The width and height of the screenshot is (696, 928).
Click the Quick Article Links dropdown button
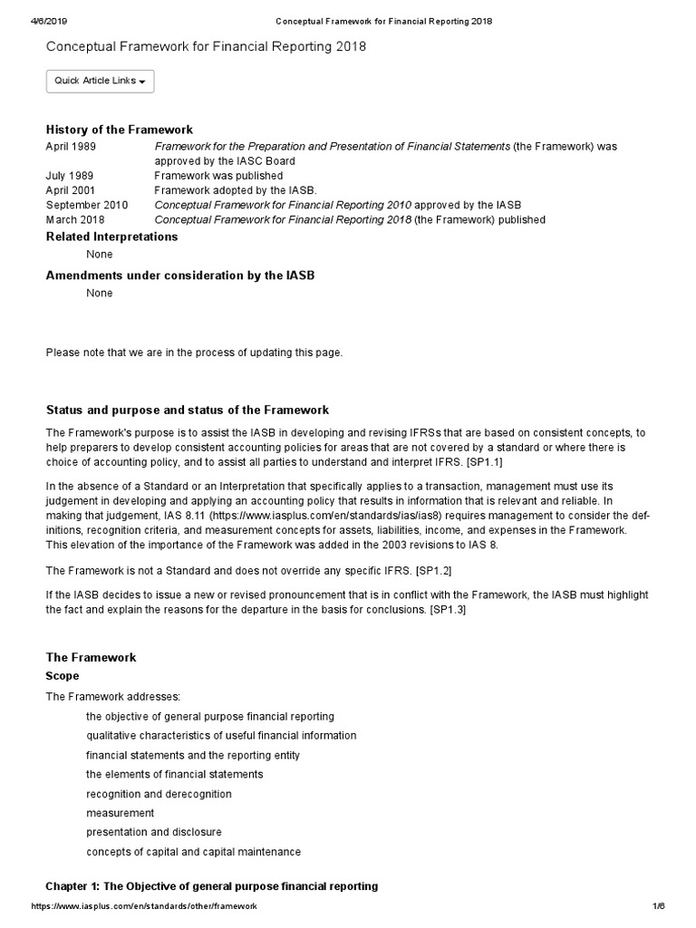pyautogui.click(x=100, y=81)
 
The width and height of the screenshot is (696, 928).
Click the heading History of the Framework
pyautogui.click(x=119, y=130)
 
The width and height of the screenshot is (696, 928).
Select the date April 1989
pyautogui.click(x=71, y=146)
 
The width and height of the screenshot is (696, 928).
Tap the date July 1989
pyautogui.click(x=69, y=175)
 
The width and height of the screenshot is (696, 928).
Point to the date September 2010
pyautogui.click(x=87, y=205)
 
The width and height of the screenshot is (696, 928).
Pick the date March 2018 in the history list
pyautogui.click(x=75, y=219)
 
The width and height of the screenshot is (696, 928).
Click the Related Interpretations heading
pyautogui.click(x=111, y=237)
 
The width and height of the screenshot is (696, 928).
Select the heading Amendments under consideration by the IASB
pyautogui.click(x=180, y=275)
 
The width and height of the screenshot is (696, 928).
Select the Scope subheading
pyautogui.click(x=63, y=676)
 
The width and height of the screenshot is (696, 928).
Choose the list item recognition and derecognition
pyautogui.click(x=159, y=794)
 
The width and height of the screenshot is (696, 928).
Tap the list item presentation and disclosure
pyautogui.click(x=154, y=832)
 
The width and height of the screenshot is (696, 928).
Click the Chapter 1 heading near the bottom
pyautogui.click(x=211, y=885)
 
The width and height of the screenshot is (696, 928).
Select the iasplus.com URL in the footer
pyautogui.click(x=144, y=906)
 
